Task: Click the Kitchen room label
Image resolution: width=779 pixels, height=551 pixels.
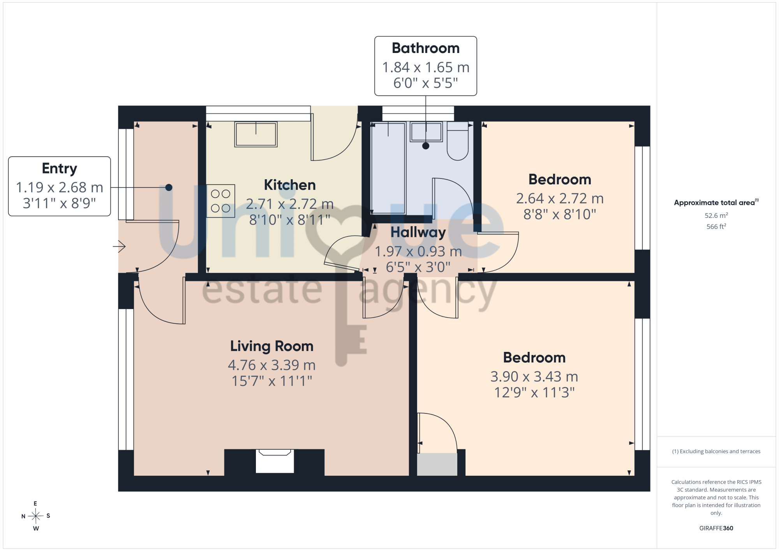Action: pos(290,185)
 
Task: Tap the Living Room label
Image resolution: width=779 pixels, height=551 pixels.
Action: pos(272,346)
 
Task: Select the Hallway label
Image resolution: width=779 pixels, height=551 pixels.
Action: pos(418,232)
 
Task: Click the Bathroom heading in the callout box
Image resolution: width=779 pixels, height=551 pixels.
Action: pos(426,48)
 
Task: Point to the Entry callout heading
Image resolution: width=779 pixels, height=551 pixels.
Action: pos(60,169)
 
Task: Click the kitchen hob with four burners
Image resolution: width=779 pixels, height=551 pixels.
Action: pos(220,201)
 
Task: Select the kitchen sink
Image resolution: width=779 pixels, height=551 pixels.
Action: pos(256,134)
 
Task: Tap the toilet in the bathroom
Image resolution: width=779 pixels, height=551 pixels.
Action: pos(458,141)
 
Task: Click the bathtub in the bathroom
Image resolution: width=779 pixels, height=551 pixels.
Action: pos(388,168)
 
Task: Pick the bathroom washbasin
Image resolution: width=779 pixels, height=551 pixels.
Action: pos(426,132)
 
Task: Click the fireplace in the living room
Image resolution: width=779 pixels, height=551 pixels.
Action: pos(275,461)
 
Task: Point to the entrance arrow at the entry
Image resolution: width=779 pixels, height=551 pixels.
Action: pos(119,246)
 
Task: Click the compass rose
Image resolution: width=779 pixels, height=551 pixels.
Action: pos(36,516)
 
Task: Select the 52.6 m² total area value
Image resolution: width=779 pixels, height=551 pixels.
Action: pos(716,215)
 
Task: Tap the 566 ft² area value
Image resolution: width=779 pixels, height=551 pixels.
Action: pos(716,226)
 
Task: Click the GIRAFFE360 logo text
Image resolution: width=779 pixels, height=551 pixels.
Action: pos(716,528)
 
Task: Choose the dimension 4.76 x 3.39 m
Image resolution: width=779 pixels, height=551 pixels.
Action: pos(272,365)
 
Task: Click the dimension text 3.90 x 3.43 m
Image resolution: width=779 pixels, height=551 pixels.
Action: pos(534,376)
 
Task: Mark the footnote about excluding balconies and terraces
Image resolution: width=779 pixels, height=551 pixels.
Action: pos(716,451)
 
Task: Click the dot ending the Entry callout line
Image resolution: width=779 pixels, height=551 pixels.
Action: pos(169,187)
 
